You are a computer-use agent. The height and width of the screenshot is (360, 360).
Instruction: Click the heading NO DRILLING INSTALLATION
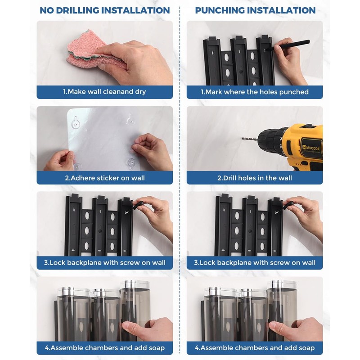[105, 10]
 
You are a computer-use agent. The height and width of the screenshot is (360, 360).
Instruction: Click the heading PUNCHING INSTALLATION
[255, 10]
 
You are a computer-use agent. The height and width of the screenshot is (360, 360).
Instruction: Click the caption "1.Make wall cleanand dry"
[105, 92]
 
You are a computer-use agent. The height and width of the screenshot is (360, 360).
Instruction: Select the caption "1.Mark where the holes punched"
[255, 92]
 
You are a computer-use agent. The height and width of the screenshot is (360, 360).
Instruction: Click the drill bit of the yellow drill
[250, 139]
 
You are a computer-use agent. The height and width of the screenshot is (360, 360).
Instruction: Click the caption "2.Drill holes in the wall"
[255, 178]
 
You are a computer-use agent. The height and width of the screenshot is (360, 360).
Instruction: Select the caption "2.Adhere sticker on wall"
[105, 178]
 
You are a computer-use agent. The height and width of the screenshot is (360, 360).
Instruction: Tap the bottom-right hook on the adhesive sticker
[131, 163]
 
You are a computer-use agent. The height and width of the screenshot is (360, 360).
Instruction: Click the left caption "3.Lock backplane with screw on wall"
[105, 263]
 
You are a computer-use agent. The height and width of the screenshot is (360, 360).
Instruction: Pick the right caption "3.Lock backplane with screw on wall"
[255, 263]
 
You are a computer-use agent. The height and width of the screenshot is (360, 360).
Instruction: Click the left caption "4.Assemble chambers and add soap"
[105, 348]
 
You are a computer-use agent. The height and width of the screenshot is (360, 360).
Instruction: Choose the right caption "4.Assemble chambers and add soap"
[255, 348]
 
